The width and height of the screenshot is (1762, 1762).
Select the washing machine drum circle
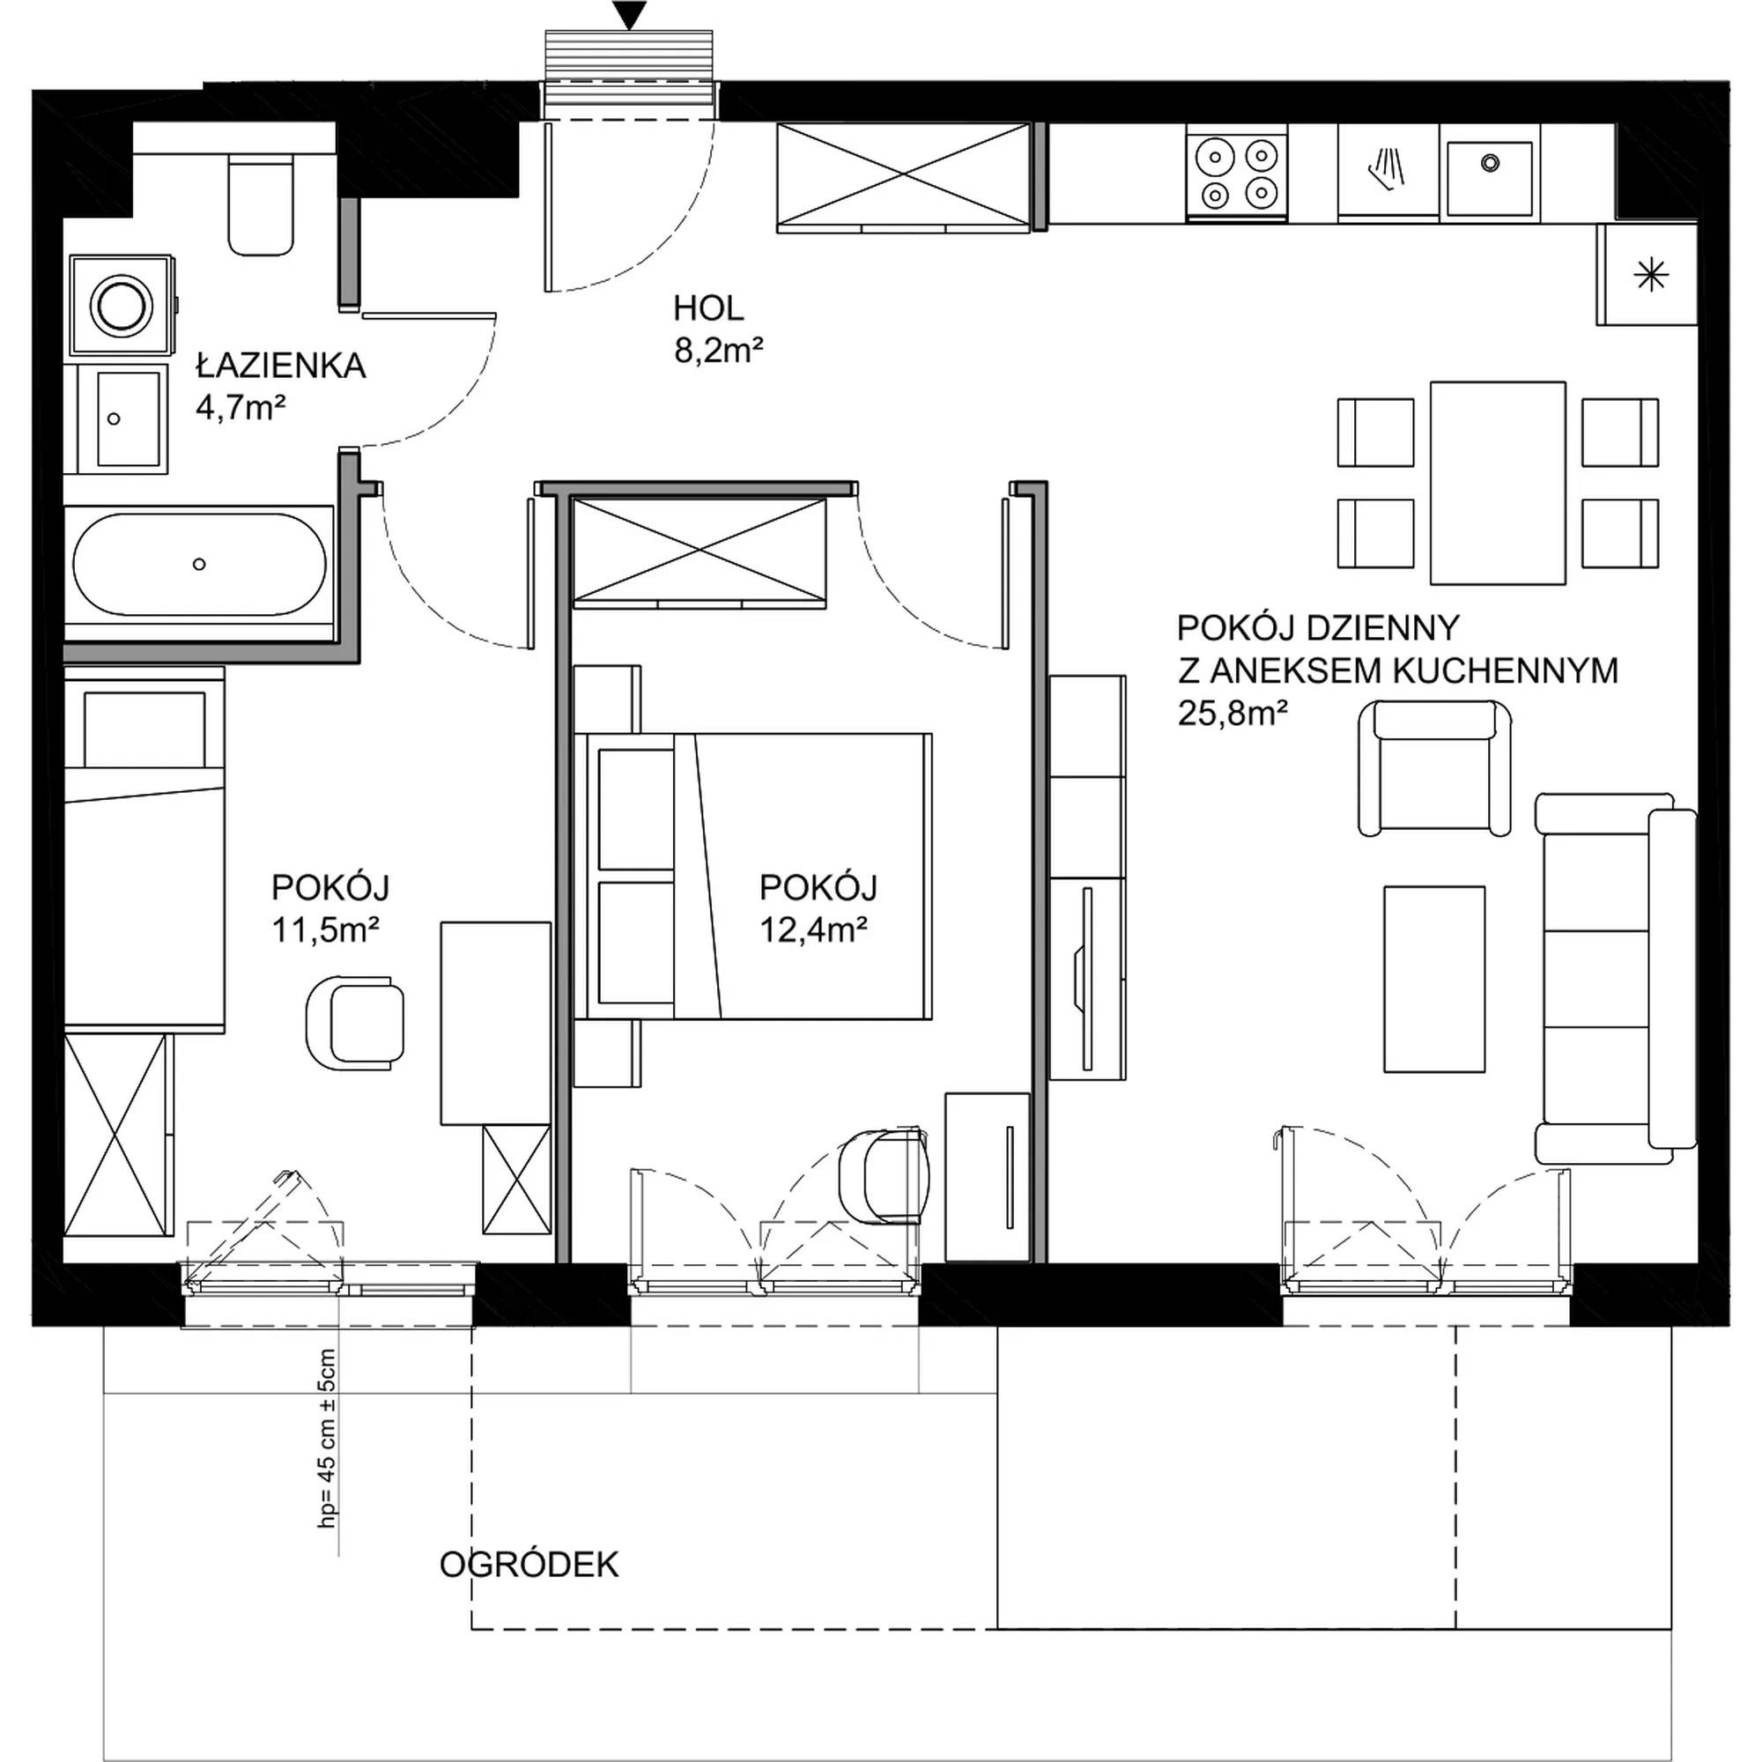[x=122, y=305]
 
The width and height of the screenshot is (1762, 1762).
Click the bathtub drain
[x=199, y=565]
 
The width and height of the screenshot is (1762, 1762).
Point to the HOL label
[x=708, y=308]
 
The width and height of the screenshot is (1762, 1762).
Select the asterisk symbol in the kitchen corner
[x=1651, y=275]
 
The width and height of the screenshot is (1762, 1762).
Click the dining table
[x=1498, y=483]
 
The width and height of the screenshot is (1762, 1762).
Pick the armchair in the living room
[x=1434, y=768]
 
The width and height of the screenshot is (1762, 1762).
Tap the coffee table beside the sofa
[x=1434, y=979]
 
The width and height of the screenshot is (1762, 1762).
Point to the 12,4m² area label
[x=812, y=929]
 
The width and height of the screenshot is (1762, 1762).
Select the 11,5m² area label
[x=326, y=929]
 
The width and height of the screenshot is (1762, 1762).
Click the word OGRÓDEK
[x=529, y=1565]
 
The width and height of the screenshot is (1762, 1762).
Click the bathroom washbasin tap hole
[x=114, y=418]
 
